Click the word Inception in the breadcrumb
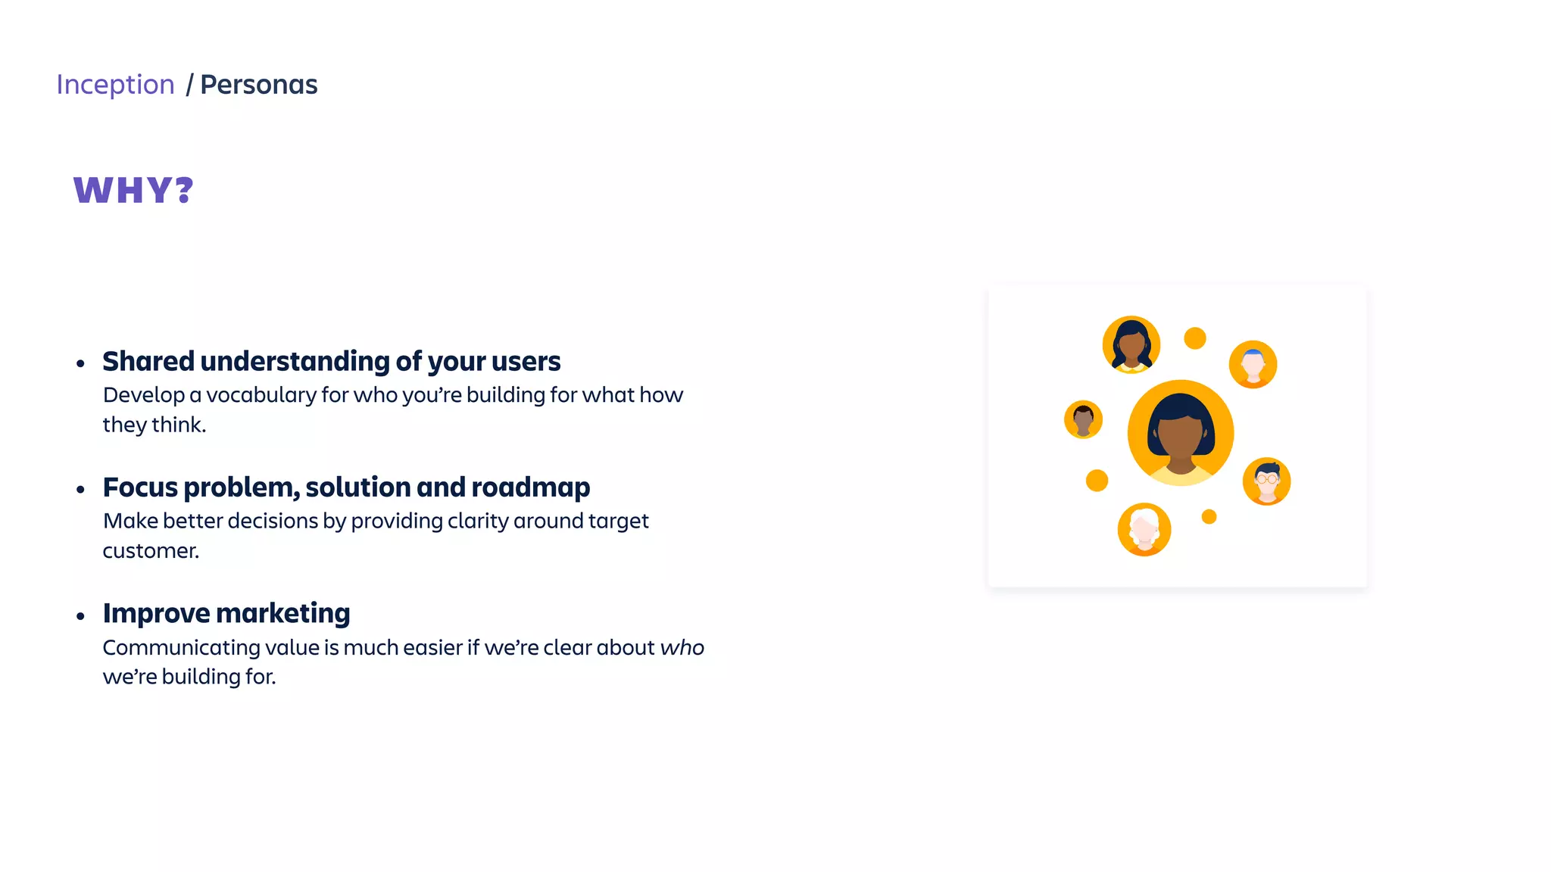115,85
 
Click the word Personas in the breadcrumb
258,85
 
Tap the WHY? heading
133,190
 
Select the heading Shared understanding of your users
331,362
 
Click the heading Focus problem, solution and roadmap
346,487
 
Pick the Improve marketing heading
226,613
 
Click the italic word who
682,648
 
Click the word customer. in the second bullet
151,551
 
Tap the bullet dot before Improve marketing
81,616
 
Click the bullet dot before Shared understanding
81,364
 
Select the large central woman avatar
1180,433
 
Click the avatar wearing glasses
1266,481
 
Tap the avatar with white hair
1144,529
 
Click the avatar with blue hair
1253,364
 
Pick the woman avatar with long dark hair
1131,344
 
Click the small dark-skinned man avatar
1083,419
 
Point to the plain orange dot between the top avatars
1194,338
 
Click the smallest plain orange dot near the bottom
1209,517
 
